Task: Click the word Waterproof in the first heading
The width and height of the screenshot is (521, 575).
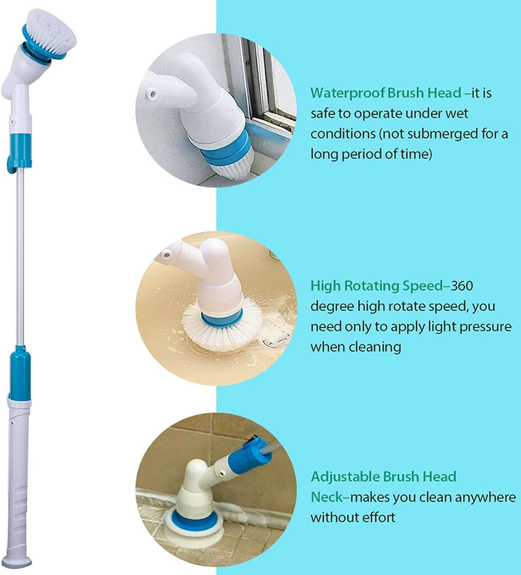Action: pyautogui.click(x=347, y=93)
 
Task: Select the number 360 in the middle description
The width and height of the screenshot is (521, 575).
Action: pyautogui.click(x=461, y=286)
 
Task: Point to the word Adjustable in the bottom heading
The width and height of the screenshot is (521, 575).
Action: pyautogui.click(x=345, y=477)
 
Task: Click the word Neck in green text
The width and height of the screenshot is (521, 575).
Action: pyautogui.click(x=326, y=497)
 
